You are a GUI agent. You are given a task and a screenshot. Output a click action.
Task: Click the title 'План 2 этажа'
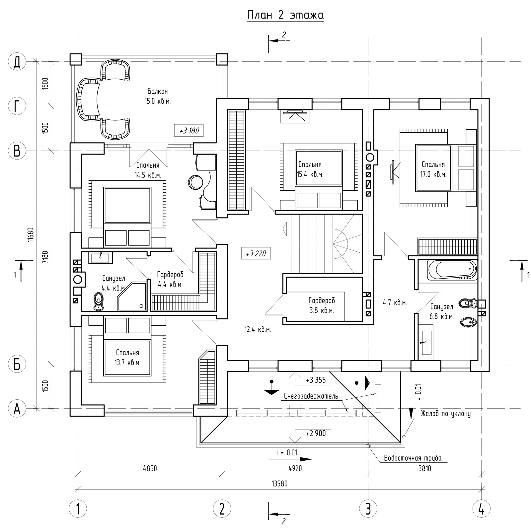point(285,15)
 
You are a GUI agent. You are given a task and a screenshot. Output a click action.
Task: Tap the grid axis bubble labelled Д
point(17,62)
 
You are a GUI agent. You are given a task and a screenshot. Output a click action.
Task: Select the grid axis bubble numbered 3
point(368,508)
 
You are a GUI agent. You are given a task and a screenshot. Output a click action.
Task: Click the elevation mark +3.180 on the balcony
point(189,131)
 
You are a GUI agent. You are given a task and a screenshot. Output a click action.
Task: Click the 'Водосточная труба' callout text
point(413,458)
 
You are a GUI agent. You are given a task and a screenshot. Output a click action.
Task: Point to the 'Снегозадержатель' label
point(311,396)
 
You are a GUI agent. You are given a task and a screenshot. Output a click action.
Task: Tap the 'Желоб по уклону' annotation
point(445,414)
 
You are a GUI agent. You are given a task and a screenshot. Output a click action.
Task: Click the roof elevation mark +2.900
point(316,433)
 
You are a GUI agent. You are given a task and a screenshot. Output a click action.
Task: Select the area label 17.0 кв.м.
point(433,174)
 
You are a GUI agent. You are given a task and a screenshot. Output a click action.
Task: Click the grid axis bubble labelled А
point(17,409)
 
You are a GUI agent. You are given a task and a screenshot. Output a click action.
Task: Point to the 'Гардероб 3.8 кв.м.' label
point(321,305)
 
